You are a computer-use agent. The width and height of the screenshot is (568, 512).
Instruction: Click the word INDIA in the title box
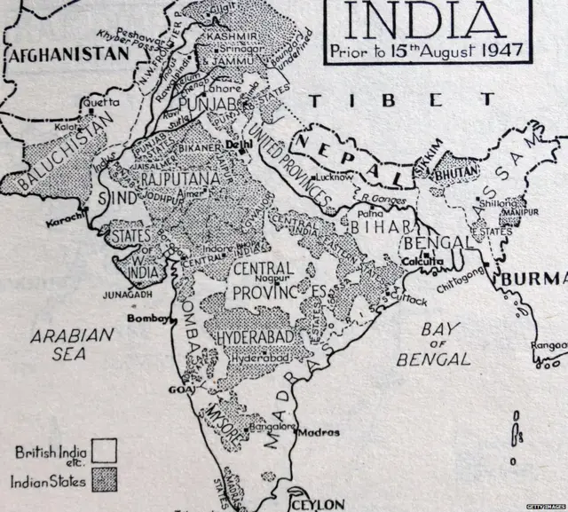(427, 20)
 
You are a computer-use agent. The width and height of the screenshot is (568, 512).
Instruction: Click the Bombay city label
(147, 317)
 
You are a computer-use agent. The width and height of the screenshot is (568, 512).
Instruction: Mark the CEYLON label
(316, 503)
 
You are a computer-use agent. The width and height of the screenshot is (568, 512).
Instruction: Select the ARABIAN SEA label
(72, 344)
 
